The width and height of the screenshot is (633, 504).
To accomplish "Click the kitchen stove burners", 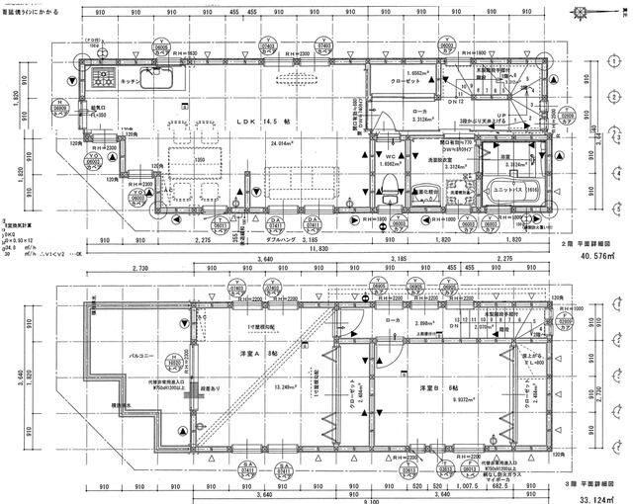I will [x=102, y=76].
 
